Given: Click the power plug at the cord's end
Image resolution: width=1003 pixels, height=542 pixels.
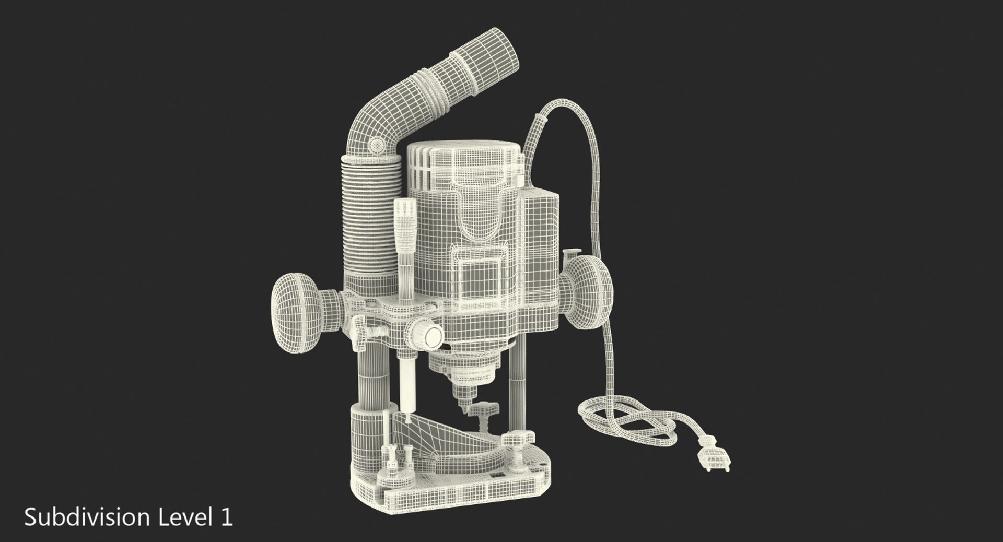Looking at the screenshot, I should (x=713, y=459).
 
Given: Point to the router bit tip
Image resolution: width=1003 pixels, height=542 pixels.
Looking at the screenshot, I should (x=462, y=413).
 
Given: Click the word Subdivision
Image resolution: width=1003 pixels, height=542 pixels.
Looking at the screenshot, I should (x=86, y=517).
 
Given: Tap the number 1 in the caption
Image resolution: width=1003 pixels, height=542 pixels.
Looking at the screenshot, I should (x=226, y=517).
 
